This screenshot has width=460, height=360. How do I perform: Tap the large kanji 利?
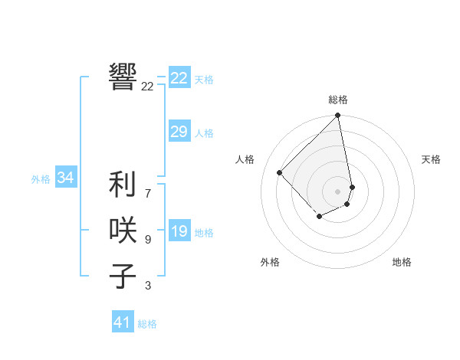[123, 185]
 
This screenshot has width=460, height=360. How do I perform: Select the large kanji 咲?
[123, 230]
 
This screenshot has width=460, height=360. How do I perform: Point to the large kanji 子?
[123, 276]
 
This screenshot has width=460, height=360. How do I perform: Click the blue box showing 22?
[179, 78]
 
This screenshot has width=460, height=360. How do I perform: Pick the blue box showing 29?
[179, 132]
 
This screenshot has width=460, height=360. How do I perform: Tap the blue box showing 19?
[179, 231]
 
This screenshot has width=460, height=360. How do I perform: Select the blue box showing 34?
[65, 178]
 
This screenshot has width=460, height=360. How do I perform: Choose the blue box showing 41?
[123, 322]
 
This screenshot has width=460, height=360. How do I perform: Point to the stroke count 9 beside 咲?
[147, 240]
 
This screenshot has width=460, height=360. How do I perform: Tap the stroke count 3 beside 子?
[147, 286]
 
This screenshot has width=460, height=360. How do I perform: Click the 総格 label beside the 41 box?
[147, 324]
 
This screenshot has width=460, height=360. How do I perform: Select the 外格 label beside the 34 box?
[41, 179]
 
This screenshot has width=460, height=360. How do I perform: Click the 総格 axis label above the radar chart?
[338, 100]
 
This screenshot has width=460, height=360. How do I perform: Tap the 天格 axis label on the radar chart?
[431, 159]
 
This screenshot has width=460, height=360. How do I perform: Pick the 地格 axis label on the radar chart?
[402, 262]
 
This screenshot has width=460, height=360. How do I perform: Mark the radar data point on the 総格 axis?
[337, 116]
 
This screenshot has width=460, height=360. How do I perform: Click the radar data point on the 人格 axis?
[280, 172]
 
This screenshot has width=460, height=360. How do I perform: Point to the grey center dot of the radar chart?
[337, 191]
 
